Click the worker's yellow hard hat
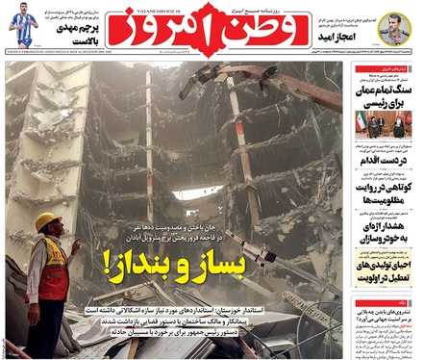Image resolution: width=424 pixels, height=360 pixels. click(46, 222)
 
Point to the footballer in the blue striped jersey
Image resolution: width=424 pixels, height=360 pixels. click(23, 26)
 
